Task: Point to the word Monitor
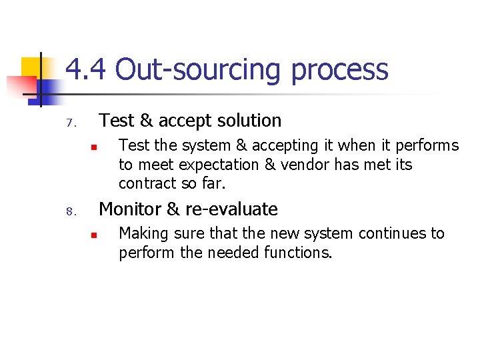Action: [x=130, y=209]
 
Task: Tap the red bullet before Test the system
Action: [x=95, y=147]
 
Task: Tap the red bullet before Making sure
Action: [x=95, y=235]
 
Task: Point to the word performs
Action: [x=428, y=146]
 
